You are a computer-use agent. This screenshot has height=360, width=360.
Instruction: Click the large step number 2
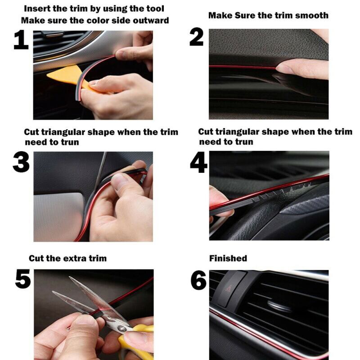pos(196,37)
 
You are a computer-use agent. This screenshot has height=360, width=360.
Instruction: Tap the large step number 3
pos(21,163)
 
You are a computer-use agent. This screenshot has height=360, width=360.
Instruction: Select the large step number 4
pos(198,162)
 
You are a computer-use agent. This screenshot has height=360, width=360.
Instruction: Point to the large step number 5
pos(23,279)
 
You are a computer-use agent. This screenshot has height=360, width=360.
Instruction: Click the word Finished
pos(228,258)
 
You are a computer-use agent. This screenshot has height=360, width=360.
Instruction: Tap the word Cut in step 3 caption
pos(31,132)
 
